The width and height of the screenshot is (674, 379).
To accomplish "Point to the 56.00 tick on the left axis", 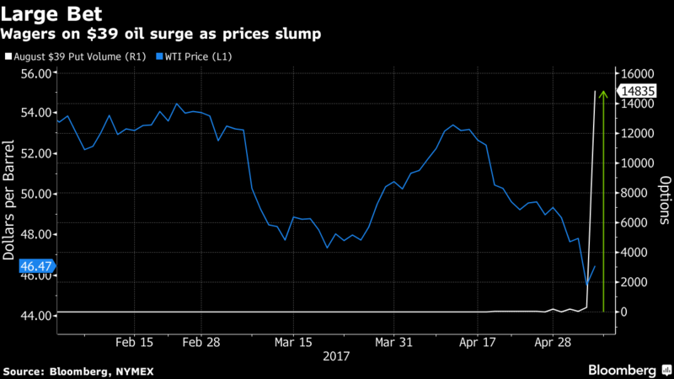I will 36,72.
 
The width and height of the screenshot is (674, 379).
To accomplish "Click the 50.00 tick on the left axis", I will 36,194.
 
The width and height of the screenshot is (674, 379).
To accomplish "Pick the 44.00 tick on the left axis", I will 36,315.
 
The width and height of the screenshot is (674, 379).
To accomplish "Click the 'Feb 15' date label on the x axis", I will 134,343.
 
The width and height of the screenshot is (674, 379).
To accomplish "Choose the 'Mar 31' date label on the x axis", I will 393,343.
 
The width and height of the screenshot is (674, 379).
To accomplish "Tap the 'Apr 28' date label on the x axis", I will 551,343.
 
